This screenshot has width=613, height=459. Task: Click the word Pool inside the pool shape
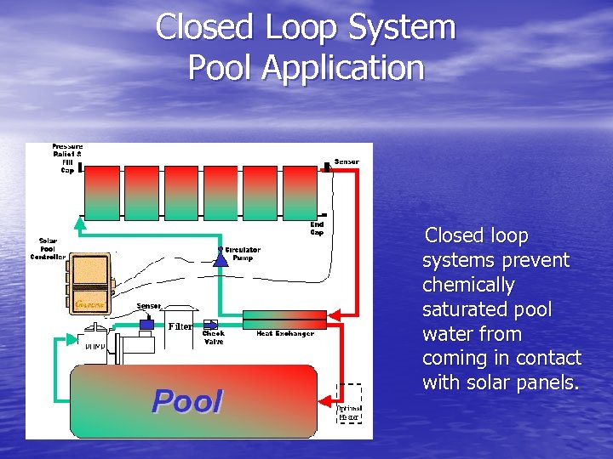click(187, 401)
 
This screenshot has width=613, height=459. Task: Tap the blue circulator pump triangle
click(221, 258)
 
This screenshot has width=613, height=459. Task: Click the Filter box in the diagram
click(180, 326)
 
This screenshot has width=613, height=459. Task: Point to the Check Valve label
click(213, 337)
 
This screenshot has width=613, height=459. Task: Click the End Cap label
click(316, 228)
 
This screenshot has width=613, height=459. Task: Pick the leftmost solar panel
click(102, 191)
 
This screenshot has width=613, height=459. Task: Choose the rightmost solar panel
click(299, 191)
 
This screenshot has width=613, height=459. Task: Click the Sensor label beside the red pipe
click(347, 161)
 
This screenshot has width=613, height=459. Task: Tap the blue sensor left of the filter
click(146, 324)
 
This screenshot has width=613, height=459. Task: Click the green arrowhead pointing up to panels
click(80, 224)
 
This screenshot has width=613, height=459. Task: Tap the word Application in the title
click(343, 67)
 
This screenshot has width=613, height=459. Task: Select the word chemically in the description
click(468, 285)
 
